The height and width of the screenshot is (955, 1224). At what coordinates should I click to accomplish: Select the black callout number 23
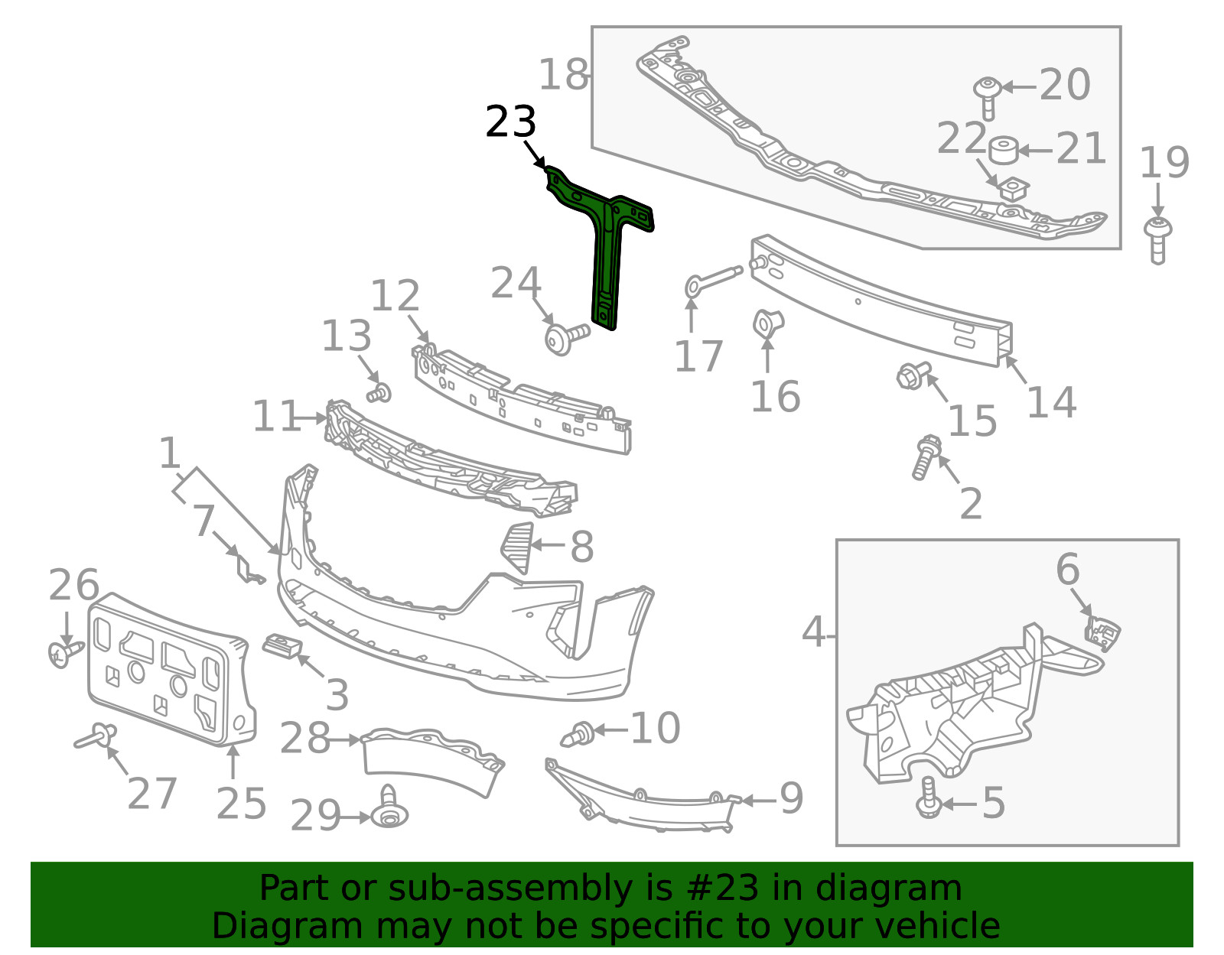coord(510,122)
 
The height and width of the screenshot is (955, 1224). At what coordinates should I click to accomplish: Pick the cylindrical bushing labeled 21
coord(1003,151)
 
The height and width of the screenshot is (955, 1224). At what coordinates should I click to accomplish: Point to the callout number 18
coord(563,74)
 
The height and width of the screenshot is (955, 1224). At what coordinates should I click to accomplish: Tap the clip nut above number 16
coord(768,324)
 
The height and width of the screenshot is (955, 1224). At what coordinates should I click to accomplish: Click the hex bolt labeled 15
coord(913,375)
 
